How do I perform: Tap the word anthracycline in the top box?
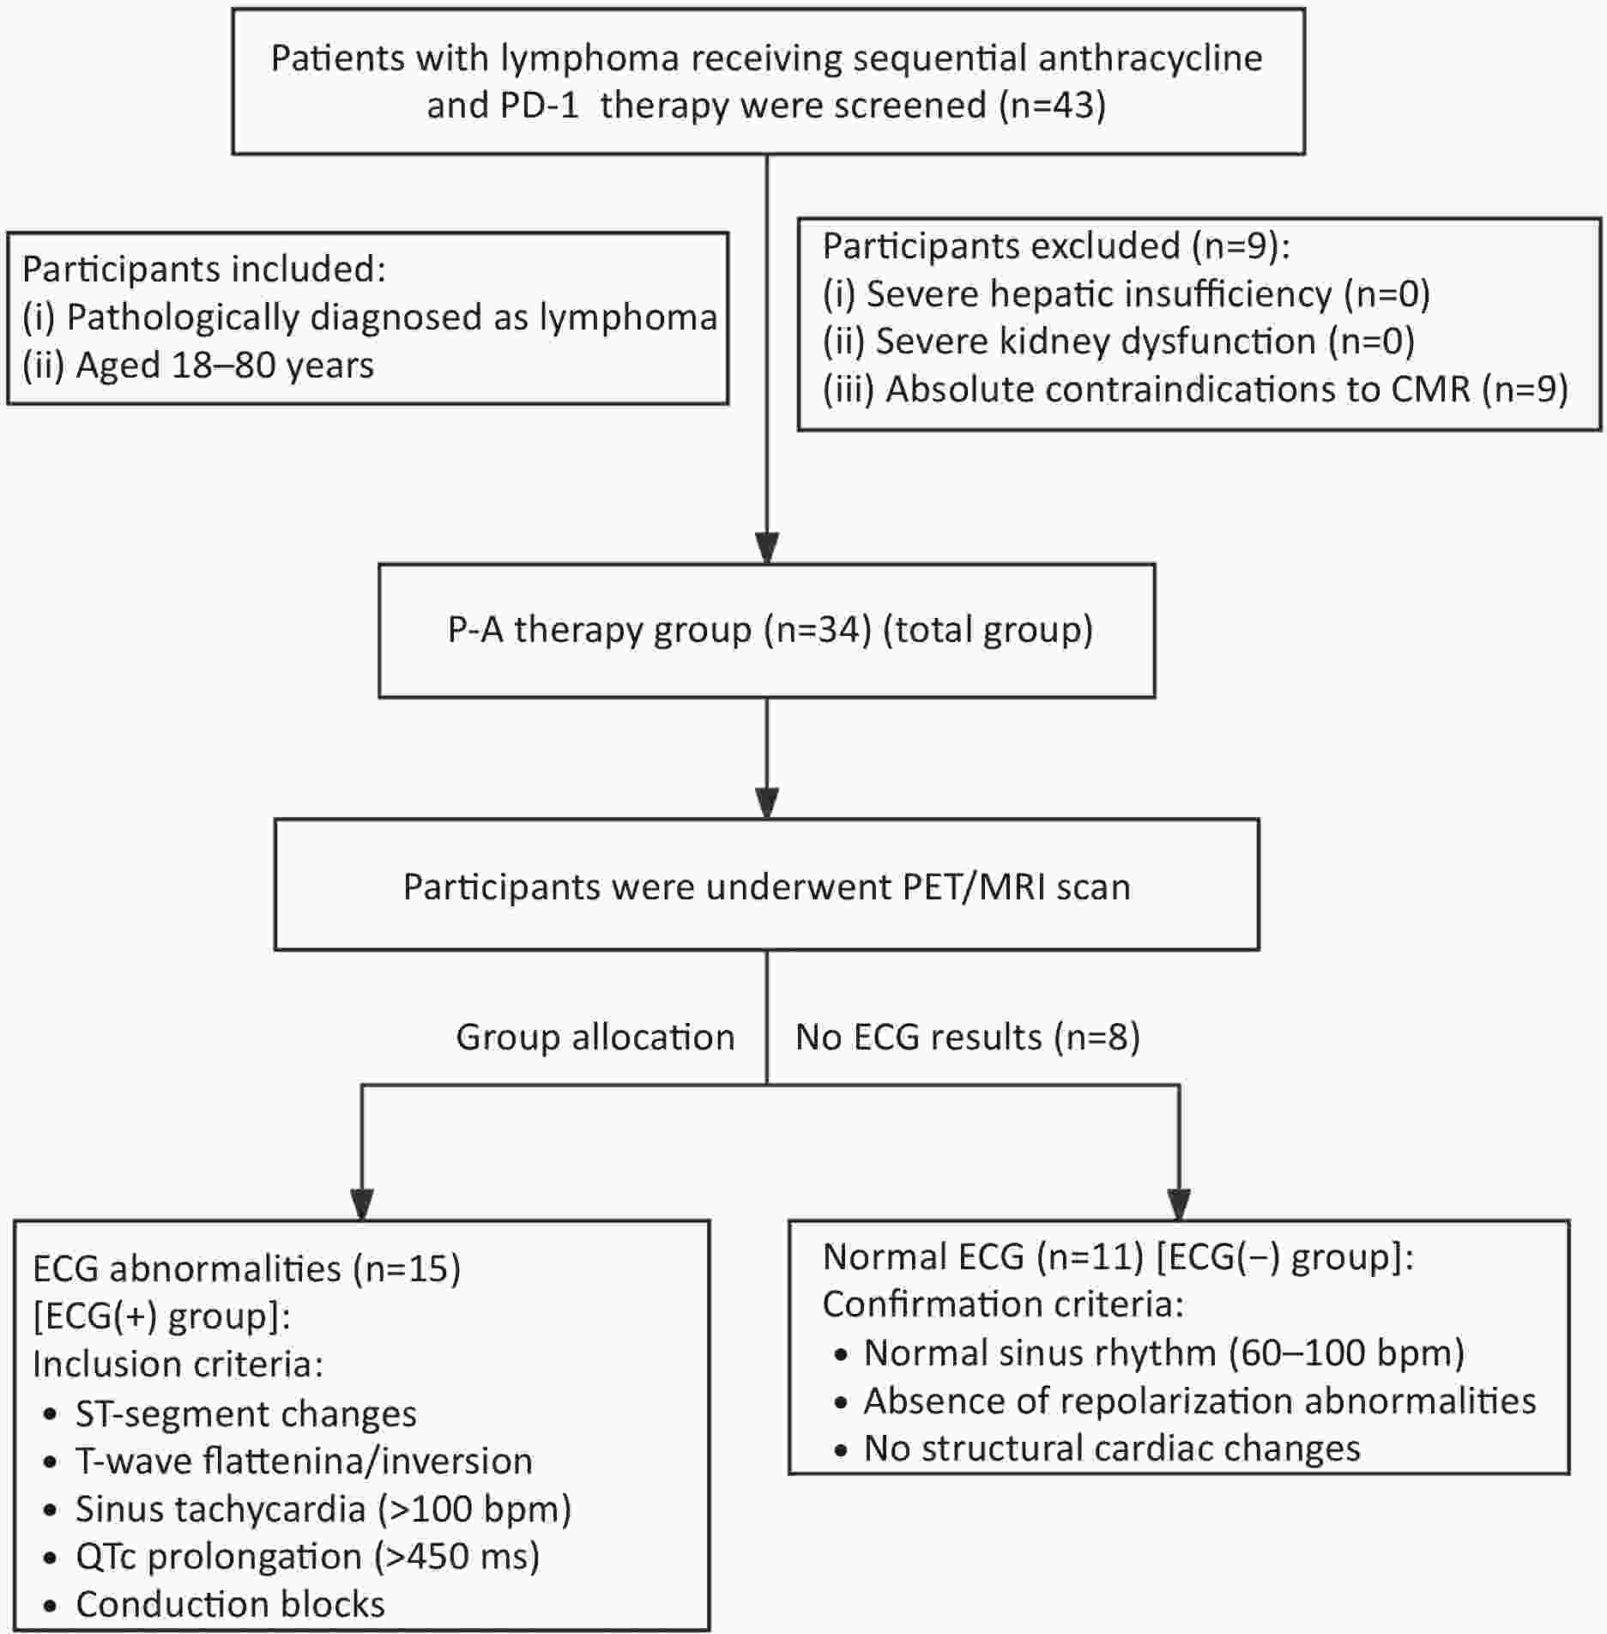(1150, 58)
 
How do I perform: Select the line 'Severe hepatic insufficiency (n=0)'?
(1127, 294)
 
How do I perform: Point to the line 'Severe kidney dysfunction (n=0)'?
(1119, 342)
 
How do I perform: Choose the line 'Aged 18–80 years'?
(198, 366)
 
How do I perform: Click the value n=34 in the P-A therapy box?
(819, 629)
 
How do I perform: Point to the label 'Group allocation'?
(595, 1038)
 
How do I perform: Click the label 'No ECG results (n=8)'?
(968, 1038)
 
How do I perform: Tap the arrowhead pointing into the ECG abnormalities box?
(362, 1204)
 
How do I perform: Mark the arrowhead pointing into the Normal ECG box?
(1180, 1204)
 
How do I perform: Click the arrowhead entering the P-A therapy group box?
(767, 548)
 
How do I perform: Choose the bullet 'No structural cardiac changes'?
(1098, 1449)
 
